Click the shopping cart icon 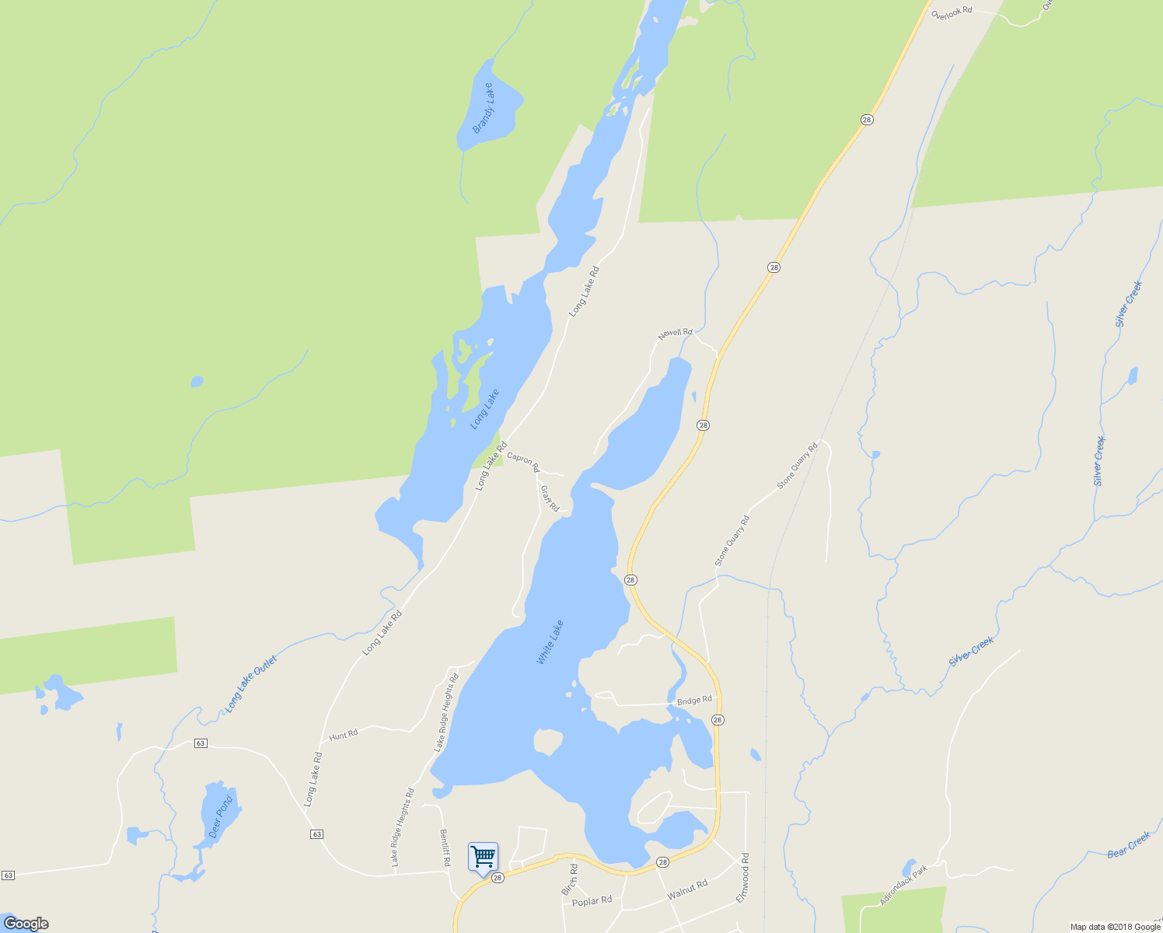483,857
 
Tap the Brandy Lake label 483,108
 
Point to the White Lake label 550,642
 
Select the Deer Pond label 220,817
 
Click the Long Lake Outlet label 250,684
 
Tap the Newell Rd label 675,334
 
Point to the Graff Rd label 550,498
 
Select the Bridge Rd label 694,701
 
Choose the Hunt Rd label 343,735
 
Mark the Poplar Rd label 592,901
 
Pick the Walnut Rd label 687,889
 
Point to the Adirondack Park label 903,886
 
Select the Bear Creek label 1128,845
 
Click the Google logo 26,924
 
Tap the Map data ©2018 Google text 1115,927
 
